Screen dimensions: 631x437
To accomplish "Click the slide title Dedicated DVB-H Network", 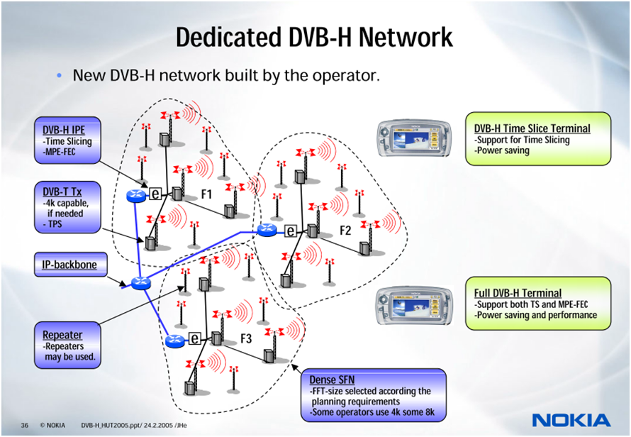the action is [x=314, y=37].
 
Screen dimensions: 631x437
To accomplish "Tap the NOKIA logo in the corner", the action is [x=571, y=420].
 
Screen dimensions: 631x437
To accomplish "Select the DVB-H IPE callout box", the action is [x=67, y=140].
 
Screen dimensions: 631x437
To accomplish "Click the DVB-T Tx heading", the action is [x=62, y=192].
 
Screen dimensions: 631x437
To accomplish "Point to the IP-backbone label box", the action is [x=70, y=265].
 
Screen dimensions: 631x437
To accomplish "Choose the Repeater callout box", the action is [x=67, y=345].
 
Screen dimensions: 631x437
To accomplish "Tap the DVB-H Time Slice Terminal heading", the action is [x=532, y=128].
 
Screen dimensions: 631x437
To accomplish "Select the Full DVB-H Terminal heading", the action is [x=518, y=293].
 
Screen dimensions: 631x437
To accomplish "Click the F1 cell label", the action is [x=206, y=194].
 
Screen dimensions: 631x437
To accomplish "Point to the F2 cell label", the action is [x=345, y=231].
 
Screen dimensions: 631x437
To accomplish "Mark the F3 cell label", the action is [x=246, y=338].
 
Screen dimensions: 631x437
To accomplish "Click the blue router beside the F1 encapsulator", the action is [x=136, y=195].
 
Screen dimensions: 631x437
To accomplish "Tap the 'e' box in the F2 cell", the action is [x=290, y=231].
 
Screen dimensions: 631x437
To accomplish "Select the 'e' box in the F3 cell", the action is [x=195, y=338].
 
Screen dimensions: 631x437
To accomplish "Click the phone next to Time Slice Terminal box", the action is [x=415, y=139].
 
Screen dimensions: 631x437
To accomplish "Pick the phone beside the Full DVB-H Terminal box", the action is [x=415, y=304].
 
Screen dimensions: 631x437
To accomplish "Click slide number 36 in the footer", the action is [x=25, y=426].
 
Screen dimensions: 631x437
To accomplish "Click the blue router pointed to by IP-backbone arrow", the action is [x=140, y=283].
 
